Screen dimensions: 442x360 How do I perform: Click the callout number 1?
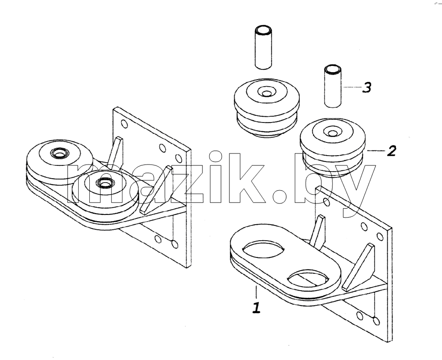pyautogui.click(x=256, y=307)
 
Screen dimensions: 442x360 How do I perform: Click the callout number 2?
pyautogui.click(x=392, y=151)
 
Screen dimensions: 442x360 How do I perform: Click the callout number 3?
pyautogui.click(x=366, y=88)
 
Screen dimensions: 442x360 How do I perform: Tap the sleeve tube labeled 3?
pyautogui.click(x=333, y=86)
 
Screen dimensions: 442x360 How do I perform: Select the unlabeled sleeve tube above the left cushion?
pyautogui.click(x=263, y=47)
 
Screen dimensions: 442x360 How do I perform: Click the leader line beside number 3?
pyautogui.click(x=352, y=88)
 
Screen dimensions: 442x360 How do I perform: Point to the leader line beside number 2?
pyautogui.click(x=376, y=151)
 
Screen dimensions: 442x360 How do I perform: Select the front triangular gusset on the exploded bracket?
pyautogui.click(x=358, y=268)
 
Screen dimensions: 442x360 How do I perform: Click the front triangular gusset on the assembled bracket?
pyautogui.click(x=156, y=191)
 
